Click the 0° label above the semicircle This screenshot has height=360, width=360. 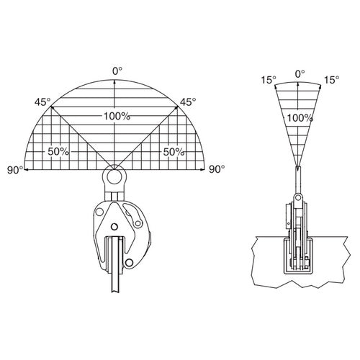coord(117,71)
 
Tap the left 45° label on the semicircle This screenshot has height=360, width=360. coord(42,102)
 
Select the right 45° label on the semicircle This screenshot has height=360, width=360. coord(188,102)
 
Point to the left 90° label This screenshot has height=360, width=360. coord(15,170)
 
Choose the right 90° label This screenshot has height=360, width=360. coord(217,169)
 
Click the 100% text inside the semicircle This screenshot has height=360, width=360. coord(117,117)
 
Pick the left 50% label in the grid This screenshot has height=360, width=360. coord(58,152)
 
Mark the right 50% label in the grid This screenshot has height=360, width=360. coord(174,152)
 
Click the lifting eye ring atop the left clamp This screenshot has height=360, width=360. coord(114,170)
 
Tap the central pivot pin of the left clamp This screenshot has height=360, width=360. coord(114,226)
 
